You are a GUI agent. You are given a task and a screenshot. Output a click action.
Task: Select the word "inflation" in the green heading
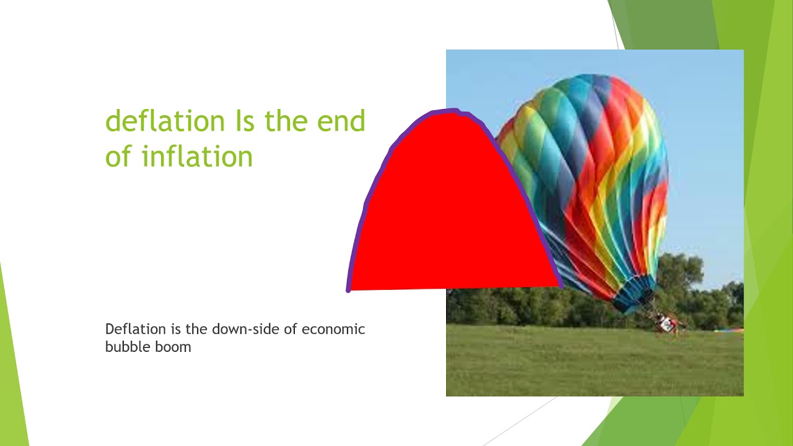click(x=197, y=156)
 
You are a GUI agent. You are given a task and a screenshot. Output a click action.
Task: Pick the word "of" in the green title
click(x=118, y=156)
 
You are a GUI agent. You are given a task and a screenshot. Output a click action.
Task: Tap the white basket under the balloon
click(x=667, y=323)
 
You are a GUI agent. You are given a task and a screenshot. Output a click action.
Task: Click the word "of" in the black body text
click(x=291, y=329)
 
